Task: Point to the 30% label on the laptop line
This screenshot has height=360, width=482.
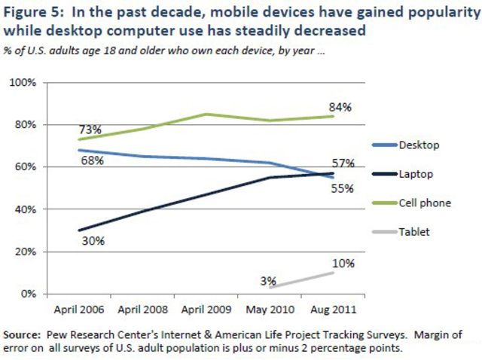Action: (93, 241)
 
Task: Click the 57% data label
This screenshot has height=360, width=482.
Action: (343, 163)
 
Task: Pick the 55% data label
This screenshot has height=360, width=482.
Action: (343, 188)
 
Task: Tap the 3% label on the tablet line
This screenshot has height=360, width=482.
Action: (267, 280)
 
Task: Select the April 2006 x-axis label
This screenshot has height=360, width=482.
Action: (79, 309)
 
